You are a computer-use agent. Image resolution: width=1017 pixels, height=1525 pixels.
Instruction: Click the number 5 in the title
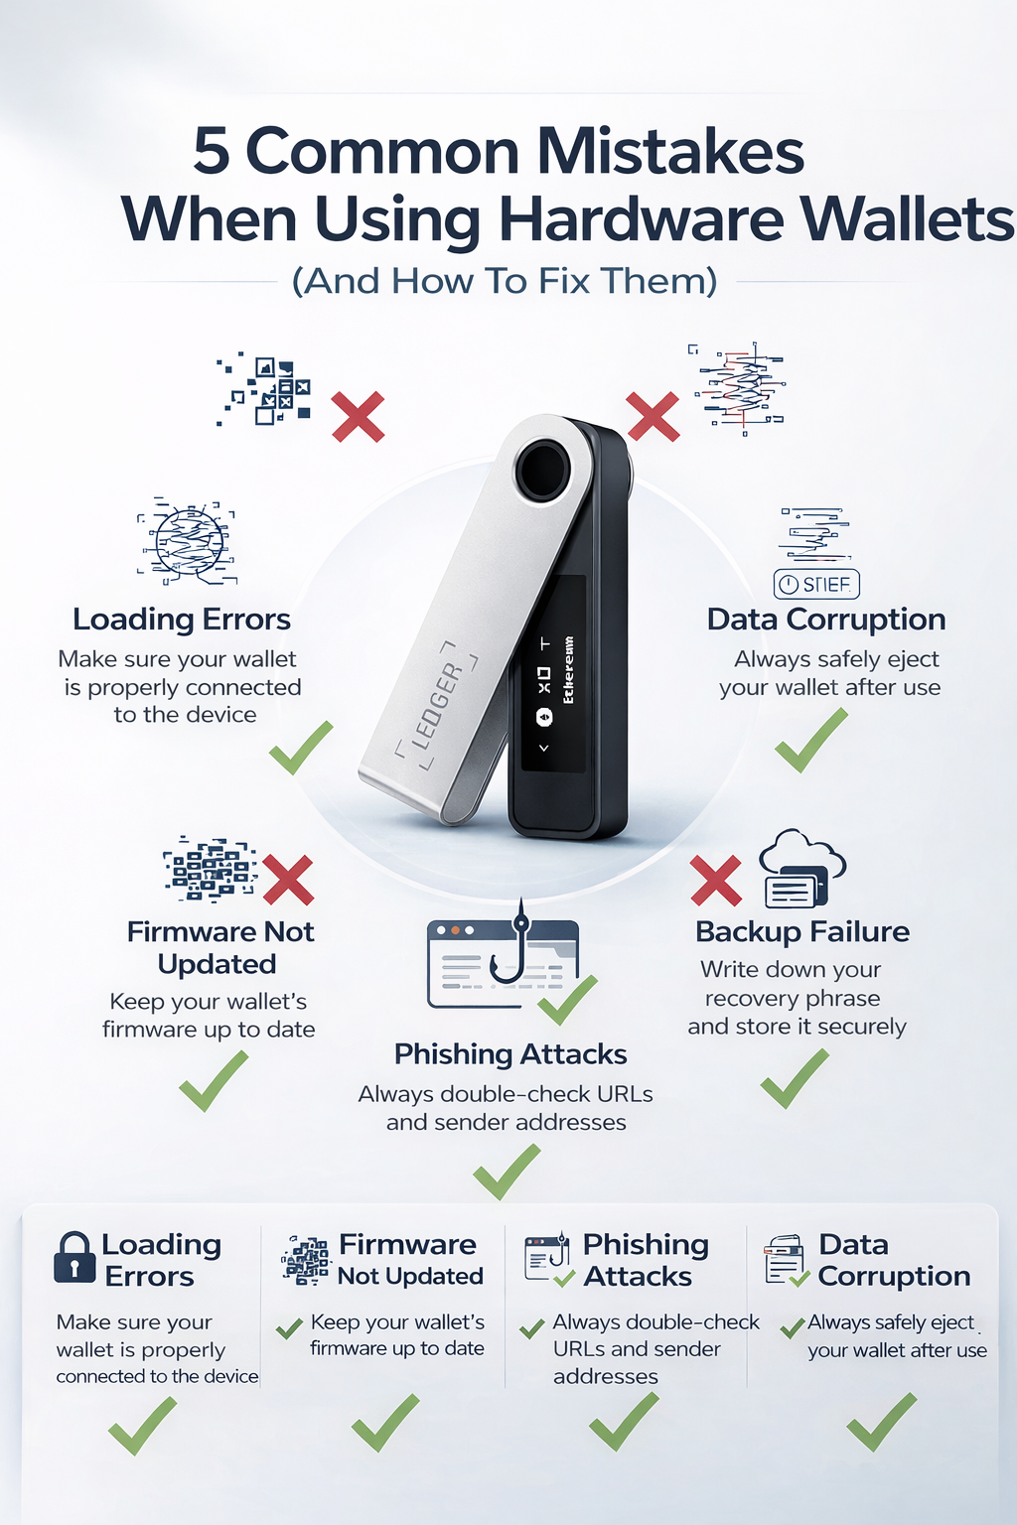(x=212, y=152)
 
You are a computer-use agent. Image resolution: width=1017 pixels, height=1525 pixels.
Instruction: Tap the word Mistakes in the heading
(x=670, y=152)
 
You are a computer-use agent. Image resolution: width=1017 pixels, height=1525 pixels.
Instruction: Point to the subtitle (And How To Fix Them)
(x=505, y=281)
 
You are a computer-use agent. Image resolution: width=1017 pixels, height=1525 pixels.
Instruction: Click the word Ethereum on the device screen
(x=568, y=670)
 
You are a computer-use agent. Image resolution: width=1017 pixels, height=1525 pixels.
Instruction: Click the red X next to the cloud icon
(x=716, y=881)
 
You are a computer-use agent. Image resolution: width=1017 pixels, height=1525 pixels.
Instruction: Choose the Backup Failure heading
(x=801, y=931)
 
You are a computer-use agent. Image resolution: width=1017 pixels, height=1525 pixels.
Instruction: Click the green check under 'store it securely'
(x=795, y=1078)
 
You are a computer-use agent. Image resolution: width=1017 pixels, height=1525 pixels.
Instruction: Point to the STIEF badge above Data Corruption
(x=816, y=584)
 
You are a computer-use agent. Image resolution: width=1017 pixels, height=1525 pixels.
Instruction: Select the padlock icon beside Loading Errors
(x=74, y=1258)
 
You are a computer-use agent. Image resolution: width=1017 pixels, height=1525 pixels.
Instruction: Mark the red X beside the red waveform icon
(x=653, y=416)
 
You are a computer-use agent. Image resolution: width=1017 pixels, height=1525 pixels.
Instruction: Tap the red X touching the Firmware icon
(x=288, y=880)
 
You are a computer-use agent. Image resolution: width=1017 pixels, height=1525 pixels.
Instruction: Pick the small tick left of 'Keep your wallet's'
(x=289, y=1328)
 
